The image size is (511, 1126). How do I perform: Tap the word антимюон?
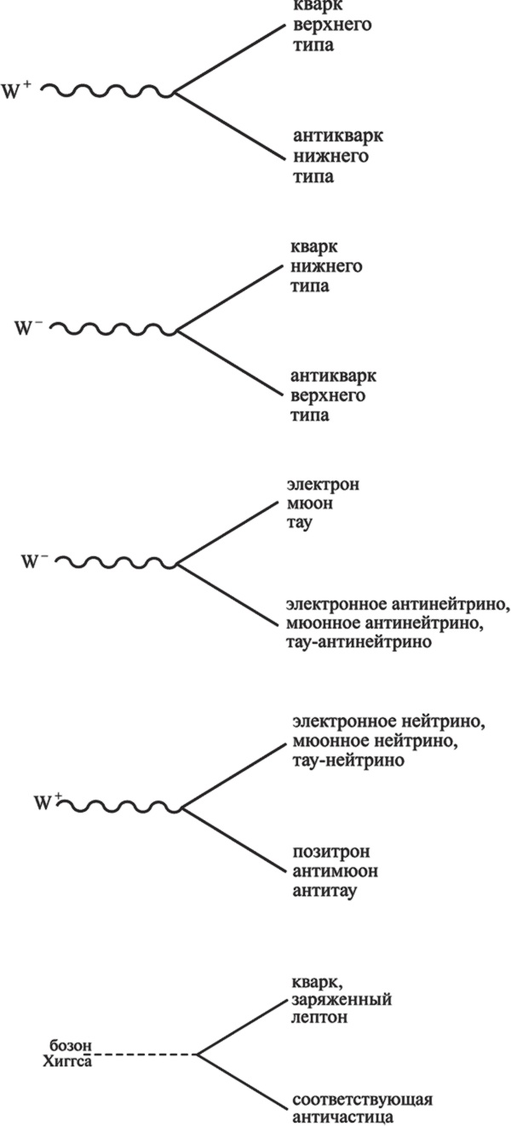click(329, 872)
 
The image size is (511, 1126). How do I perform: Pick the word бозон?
click(70, 1045)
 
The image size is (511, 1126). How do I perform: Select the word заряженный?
click(341, 1000)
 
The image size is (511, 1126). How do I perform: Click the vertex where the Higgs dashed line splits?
click(198, 1054)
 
